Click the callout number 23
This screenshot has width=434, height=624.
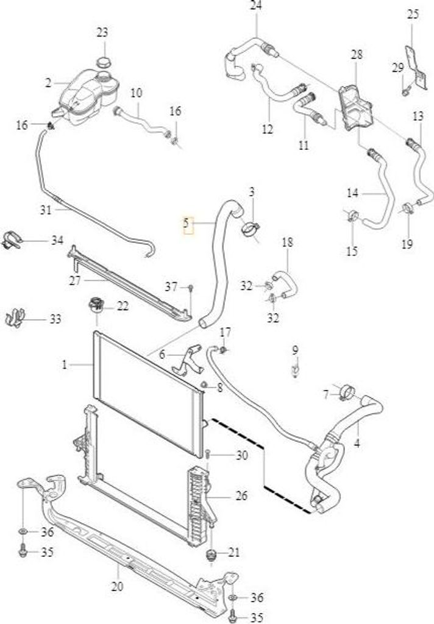pyautogui.click(x=102, y=32)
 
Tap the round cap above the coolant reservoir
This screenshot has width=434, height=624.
pyautogui.click(x=104, y=63)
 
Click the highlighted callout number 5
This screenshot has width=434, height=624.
pyautogui.click(x=186, y=223)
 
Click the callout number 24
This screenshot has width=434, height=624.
pyautogui.click(x=256, y=6)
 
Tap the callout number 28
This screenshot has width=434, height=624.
pyautogui.click(x=357, y=54)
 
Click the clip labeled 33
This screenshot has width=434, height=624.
pyautogui.click(x=15, y=317)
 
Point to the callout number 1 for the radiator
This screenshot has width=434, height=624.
pyautogui.click(x=65, y=364)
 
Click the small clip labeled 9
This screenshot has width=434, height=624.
pyautogui.click(x=295, y=370)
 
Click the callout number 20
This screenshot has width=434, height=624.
pyautogui.click(x=118, y=586)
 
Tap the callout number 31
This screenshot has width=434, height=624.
pyautogui.click(x=46, y=210)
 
